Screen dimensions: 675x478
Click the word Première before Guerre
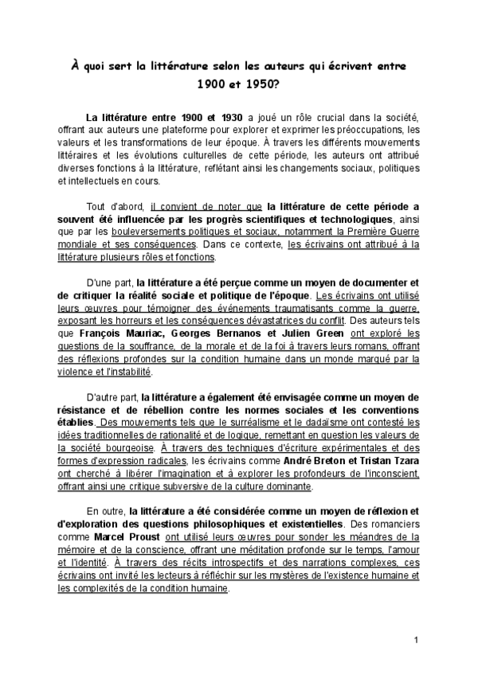tap(360, 232)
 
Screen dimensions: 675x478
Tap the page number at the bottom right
tap(416, 641)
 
